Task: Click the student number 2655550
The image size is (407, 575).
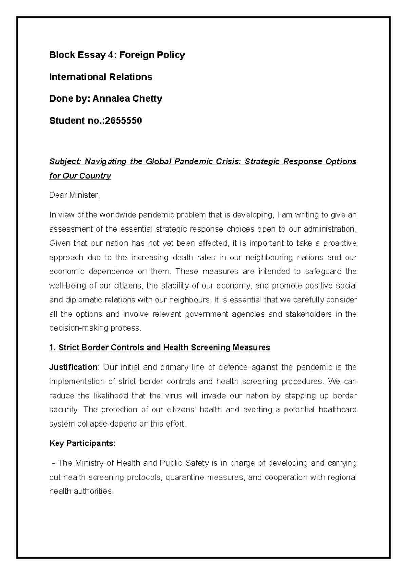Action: click(x=123, y=121)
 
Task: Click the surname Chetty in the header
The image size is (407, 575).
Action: click(x=146, y=99)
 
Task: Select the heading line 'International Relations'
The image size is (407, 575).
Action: click(x=101, y=77)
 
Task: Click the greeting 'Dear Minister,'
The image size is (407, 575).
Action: click(x=75, y=195)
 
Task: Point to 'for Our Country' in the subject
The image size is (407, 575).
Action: click(x=80, y=176)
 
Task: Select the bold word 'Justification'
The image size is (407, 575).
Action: click(x=73, y=367)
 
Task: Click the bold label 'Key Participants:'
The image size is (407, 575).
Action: click(x=82, y=443)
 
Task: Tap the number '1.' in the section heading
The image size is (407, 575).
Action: click(x=52, y=348)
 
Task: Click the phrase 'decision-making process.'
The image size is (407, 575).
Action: click(x=95, y=328)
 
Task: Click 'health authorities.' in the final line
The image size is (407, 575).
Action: click(x=81, y=491)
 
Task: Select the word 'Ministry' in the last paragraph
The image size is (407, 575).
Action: click(x=90, y=463)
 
